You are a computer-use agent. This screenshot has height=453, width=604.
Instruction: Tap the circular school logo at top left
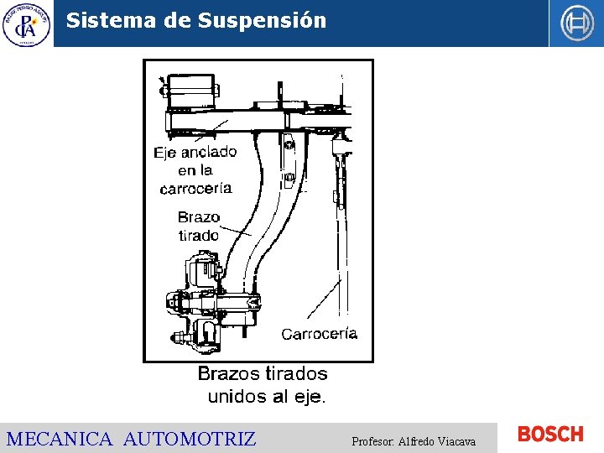tap(26, 23)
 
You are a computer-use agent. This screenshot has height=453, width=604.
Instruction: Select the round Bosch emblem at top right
tap(576, 23)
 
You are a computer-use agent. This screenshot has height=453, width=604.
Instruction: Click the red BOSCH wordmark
tap(550, 434)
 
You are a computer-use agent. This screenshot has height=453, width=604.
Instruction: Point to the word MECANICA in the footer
tap(60, 439)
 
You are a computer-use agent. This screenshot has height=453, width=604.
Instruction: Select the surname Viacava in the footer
tap(455, 441)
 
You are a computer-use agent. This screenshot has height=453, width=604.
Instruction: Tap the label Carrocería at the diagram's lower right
tap(319, 334)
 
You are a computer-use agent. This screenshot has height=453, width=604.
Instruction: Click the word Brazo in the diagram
tap(199, 217)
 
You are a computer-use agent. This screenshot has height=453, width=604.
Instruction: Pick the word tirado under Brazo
tap(199, 235)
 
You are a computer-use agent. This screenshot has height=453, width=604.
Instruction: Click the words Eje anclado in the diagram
tap(195, 153)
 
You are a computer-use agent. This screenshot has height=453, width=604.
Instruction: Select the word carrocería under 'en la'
tap(195, 188)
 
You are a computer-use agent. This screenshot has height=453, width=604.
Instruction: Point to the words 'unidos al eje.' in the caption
tap(266, 396)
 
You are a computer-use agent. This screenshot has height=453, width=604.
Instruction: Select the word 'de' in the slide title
tap(178, 21)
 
